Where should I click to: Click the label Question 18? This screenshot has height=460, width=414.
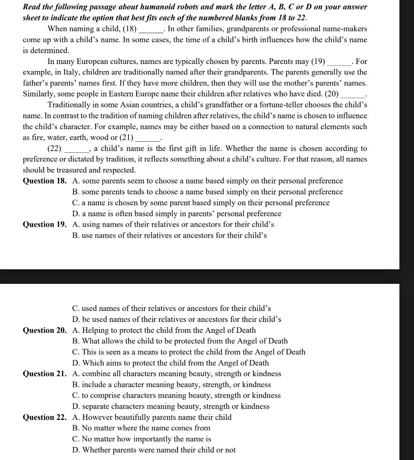[x=45, y=181]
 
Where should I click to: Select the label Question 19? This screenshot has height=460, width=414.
[x=45, y=224]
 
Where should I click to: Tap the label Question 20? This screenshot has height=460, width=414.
[x=45, y=330]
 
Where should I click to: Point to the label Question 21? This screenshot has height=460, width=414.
[x=45, y=374]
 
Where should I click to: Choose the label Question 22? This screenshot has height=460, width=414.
[x=45, y=417]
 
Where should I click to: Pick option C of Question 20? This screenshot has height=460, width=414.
[x=189, y=352]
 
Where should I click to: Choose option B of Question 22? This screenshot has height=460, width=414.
[x=141, y=428]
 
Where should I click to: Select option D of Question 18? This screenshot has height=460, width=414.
[x=176, y=214]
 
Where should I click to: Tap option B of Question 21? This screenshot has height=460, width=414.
[x=171, y=385]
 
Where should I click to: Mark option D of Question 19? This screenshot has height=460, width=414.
[x=176, y=319]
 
